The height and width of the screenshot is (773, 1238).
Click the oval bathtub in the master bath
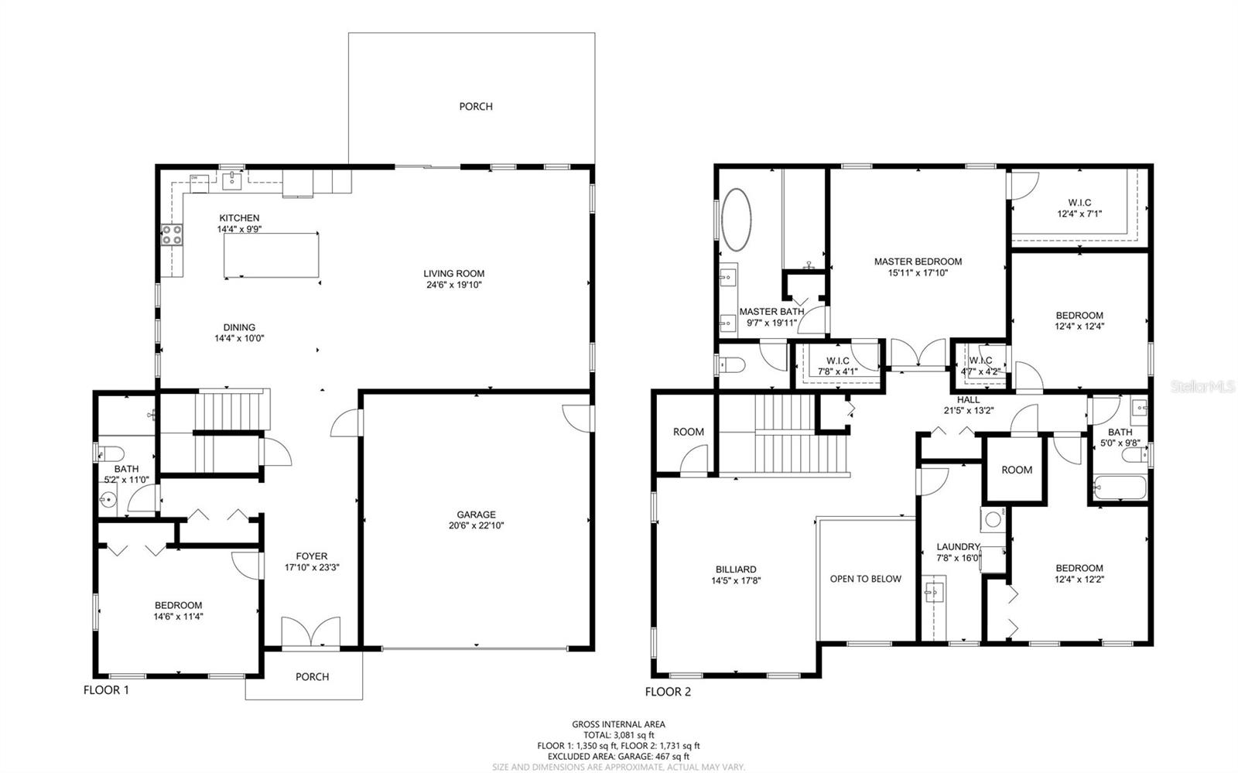(x=736, y=219)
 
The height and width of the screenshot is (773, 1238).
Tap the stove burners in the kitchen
(x=172, y=234)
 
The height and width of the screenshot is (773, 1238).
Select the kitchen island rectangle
(x=272, y=255)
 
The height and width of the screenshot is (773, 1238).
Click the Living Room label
(x=453, y=273)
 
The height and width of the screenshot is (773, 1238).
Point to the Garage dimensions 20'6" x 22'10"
(x=476, y=525)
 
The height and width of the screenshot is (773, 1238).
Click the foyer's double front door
(x=310, y=632)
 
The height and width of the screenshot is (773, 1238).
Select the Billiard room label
(x=736, y=569)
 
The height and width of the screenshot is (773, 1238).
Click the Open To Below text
(x=865, y=579)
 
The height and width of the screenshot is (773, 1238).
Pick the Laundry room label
(x=958, y=546)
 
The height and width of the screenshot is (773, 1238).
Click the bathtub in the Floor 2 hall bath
(x=1119, y=489)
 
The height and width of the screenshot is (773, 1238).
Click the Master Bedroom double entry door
(x=918, y=354)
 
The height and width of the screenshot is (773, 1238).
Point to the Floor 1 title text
(x=106, y=689)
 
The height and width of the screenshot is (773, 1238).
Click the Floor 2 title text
(x=668, y=691)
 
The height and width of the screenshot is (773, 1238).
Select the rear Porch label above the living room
(x=476, y=107)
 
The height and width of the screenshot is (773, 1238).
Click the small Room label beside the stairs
(x=688, y=432)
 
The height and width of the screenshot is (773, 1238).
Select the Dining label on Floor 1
(x=239, y=327)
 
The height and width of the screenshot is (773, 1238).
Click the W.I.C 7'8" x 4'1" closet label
(x=837, y=361)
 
